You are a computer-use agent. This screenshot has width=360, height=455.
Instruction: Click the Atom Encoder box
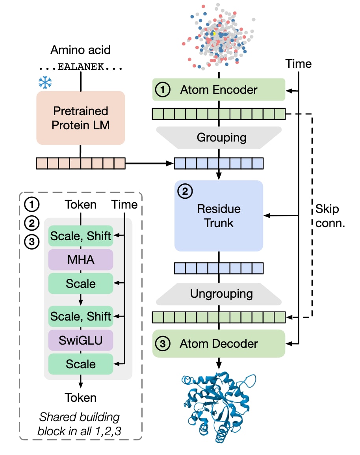coord(219,90)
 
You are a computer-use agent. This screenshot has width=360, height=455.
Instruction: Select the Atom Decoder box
coord(219,344)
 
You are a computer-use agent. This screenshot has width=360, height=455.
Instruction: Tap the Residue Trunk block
coord(219,216)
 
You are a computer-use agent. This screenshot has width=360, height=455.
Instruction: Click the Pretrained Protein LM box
coord(80,118)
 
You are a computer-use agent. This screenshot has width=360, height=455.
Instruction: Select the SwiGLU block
coord(80,340)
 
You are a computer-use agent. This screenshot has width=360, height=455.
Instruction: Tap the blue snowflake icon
coord(45,82)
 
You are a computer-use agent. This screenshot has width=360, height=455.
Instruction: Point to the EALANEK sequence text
coord(80,67)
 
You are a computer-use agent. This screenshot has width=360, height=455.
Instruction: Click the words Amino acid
coord(80,50)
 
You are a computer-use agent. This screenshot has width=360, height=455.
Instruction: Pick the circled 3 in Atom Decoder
coord(163,344)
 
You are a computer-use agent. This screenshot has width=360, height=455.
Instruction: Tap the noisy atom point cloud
coord(219,37)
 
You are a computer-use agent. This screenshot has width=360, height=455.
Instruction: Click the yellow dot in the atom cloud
coord(214,34)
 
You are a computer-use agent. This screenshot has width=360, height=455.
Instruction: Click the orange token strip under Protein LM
coord(80,163)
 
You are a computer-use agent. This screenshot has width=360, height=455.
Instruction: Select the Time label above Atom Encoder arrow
coord(299,63)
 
